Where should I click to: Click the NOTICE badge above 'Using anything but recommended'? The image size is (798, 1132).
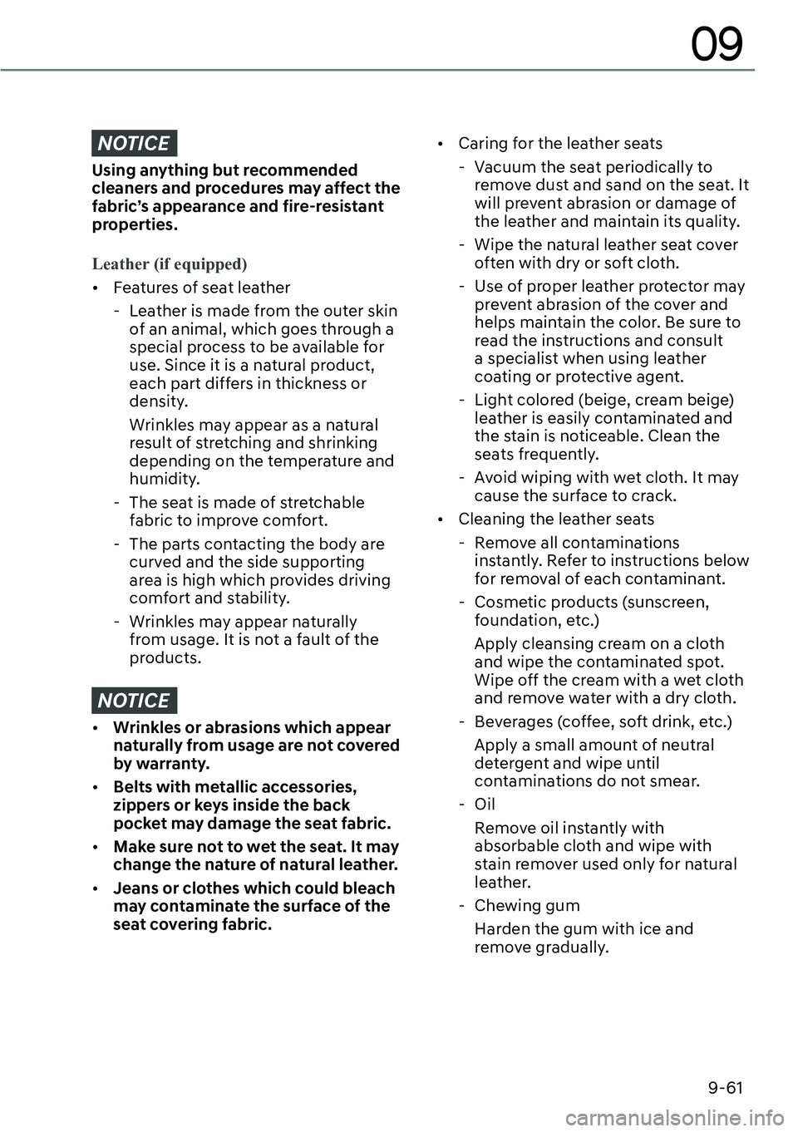click(x=134, y=144)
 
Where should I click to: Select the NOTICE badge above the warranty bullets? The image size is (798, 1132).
click(x=134, y=701)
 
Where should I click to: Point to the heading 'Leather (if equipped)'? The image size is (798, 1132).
click(x=170, y=264)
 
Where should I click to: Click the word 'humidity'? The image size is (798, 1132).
click(x=164, y=479)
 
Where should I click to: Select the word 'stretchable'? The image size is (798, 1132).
click(x=321, y=502)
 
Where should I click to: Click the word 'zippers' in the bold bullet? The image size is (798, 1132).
click(x=142, y=805)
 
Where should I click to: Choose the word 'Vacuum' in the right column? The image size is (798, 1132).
click(x=503, y=166)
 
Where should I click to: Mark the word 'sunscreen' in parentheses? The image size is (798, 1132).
click(x=666, y=602)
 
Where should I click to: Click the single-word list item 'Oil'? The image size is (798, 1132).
click(x=485, y=804)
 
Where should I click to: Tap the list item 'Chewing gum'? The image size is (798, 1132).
click(x=527, y=905)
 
